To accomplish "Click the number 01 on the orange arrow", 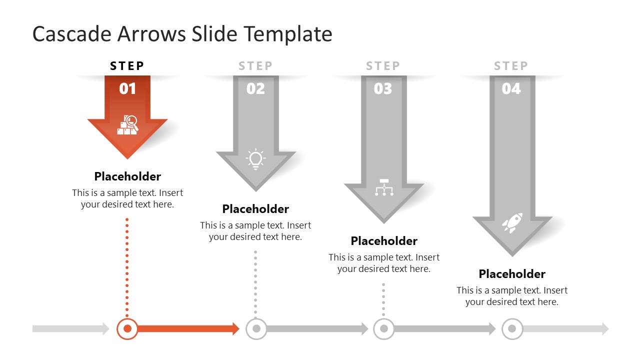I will tap(127, 89).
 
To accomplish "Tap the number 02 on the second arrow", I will tap(255, 89).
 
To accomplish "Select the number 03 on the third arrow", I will tap(383, 89).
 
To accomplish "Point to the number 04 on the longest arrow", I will tap(511, 89).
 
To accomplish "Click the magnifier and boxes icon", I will tap(127, 125).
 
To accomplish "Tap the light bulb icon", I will tap(255, 159).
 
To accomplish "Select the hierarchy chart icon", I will tap(384, 187).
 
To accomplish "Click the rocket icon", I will tap(512, 223).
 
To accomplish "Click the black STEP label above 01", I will tap(127, 66).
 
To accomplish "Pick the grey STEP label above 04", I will tap(511, 66).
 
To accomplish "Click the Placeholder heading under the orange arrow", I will tap(127, 176).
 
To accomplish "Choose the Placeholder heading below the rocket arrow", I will tap(512, 274).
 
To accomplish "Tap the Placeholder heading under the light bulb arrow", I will tap(255, 209).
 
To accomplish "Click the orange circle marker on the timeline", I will tap(127, 328).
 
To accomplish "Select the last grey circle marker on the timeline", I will tap(512, 328).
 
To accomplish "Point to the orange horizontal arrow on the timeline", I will tap(187, 328).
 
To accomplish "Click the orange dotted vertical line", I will tap(127, 265).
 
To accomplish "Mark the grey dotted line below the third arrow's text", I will tap(383, 299).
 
